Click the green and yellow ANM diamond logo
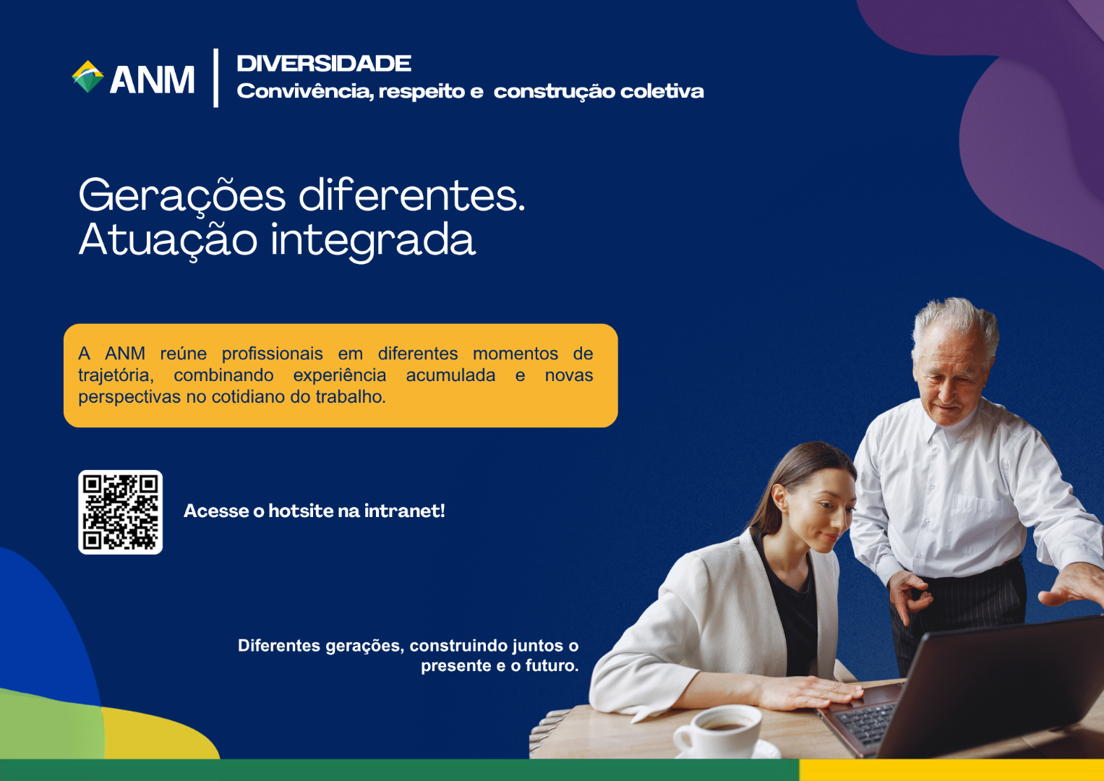[x=87, y=77]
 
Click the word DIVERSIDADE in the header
[x=324, y=64]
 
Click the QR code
[x=120, y=512]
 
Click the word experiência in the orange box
[x=340, y=375]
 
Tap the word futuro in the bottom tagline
[x=552, y=665]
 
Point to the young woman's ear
[x=779, y=498]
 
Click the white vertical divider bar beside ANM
[x=216, y=78]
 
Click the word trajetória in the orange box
[x=116, y=375]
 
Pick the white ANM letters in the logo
[x=153, y=80]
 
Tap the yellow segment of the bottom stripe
[x=951, y=770]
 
